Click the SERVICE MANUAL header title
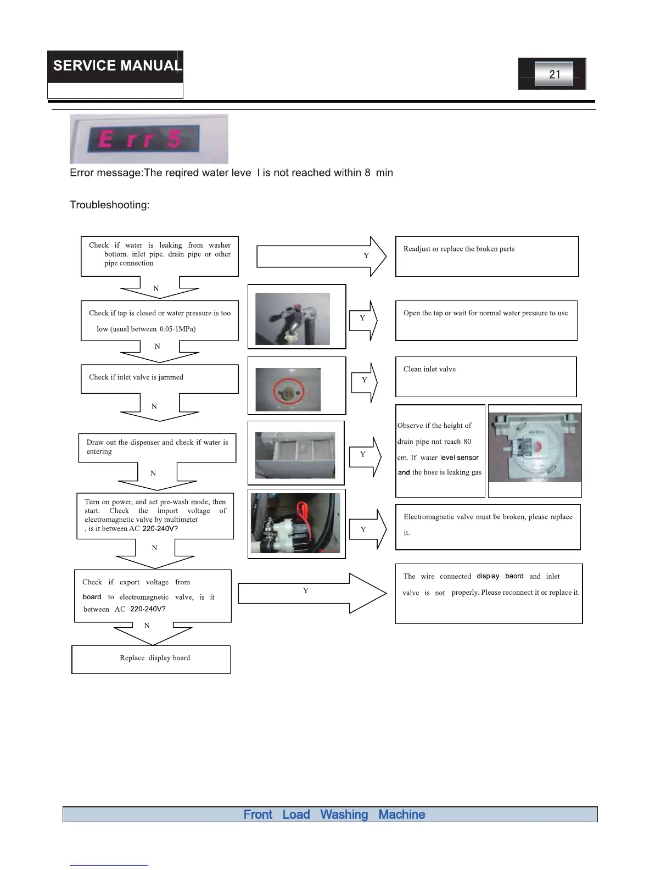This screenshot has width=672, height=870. point(116,66)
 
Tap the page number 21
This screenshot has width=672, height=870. point(555,74)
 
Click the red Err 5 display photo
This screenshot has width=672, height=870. point(148,139)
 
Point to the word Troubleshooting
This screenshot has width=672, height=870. point(110,205)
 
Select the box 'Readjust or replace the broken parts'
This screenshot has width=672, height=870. point(487,256)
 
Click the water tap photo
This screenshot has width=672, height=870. point(293,319)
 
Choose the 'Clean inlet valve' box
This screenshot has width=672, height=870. point(486,377)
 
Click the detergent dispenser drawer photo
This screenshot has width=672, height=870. point(295,455)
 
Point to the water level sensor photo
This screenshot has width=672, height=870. point(535,448)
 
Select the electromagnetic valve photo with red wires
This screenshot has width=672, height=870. point(296,523)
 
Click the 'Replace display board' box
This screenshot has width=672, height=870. point(151,659)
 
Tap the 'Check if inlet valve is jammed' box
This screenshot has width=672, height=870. point(159,378)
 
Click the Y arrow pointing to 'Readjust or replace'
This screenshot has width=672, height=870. point(321,256)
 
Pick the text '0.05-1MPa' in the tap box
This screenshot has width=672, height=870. point(177,329)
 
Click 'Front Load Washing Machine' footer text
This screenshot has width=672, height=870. point(334,815)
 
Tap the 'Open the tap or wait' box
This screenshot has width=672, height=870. point(486,320)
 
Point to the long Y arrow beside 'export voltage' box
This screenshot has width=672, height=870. point(312,593)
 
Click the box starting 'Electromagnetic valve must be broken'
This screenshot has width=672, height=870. point(488,527)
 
